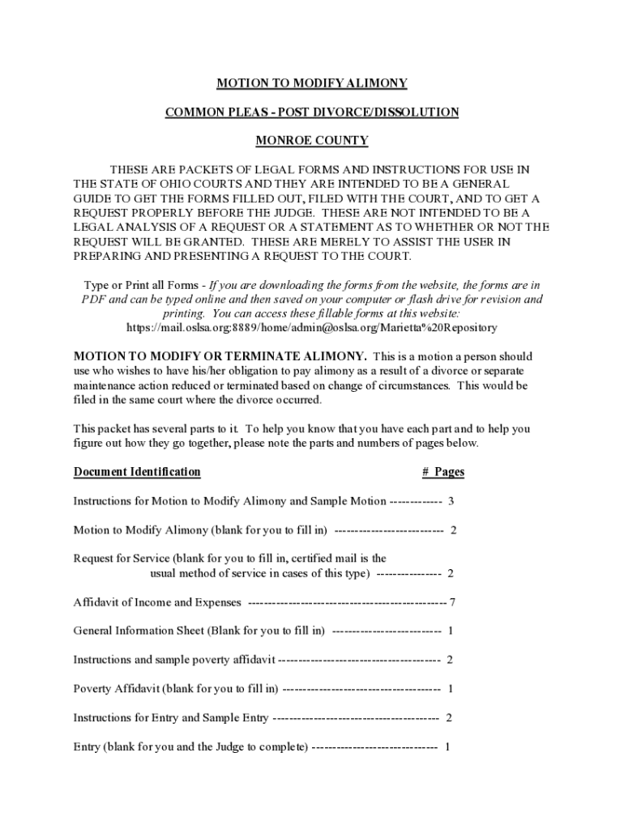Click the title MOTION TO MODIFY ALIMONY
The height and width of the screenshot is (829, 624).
311,83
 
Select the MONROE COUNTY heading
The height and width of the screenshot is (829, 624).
311,141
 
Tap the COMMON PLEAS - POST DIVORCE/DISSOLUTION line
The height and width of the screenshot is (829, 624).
311,112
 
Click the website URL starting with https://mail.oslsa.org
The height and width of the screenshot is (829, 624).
312,328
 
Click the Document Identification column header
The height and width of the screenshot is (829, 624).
137,472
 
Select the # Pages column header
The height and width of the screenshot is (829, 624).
442,472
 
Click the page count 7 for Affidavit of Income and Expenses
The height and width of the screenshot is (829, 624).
452,602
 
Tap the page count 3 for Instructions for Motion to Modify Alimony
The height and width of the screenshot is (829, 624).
451,501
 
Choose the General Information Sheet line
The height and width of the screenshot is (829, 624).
199,631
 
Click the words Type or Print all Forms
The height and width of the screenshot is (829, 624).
141,285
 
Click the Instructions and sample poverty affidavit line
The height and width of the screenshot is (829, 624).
173,660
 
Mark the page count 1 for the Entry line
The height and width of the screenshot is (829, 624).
447,746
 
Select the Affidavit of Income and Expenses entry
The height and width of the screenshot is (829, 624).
157,602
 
